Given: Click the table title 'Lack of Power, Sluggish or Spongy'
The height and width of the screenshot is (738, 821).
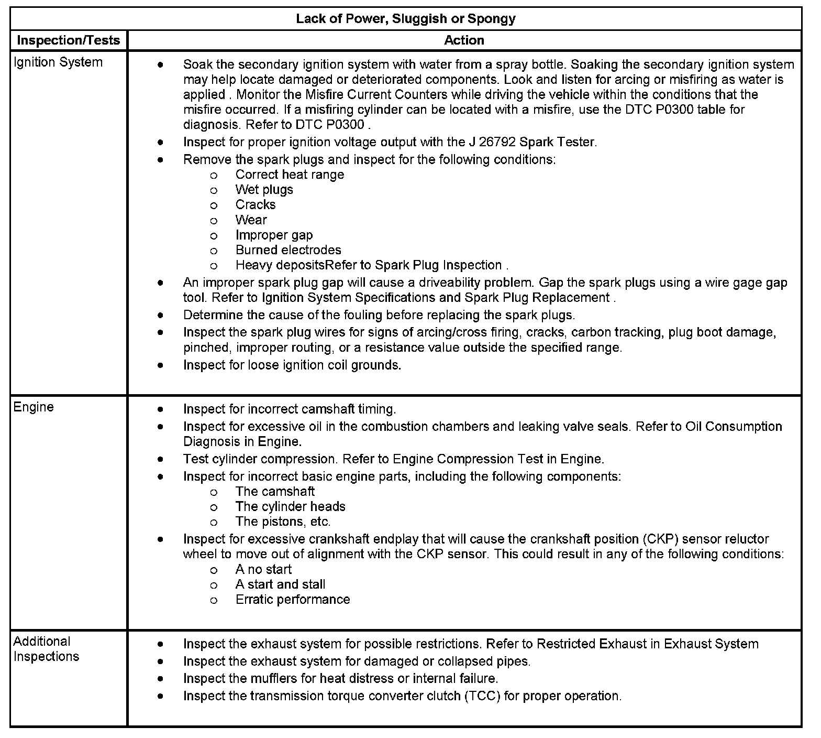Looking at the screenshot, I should point(406,19).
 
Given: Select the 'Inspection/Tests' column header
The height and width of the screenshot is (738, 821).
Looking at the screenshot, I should point(69,40).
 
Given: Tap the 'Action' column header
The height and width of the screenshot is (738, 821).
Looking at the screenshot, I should point(464,40).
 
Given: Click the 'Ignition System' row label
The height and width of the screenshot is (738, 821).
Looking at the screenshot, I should point(58,62).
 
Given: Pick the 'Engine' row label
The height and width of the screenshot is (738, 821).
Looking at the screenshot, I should point(34,407).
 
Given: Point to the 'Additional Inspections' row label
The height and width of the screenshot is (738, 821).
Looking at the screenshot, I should point(46,649).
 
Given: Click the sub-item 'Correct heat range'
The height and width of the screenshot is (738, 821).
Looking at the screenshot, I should point(290,175).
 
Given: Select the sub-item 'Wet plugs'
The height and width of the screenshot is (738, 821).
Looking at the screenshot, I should point(264,190).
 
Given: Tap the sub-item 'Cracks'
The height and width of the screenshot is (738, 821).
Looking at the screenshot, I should point(256,205).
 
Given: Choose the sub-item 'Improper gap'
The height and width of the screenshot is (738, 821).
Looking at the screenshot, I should point(274,235).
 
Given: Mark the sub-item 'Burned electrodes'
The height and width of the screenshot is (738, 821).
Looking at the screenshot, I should point(288,250).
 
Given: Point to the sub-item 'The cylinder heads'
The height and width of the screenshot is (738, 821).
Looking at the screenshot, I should point(290,506).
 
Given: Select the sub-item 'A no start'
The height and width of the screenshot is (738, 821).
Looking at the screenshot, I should point(263,569).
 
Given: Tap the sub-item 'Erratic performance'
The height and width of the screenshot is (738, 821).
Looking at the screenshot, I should point(293,600).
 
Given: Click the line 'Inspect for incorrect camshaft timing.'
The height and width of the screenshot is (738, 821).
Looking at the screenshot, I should point(290,409).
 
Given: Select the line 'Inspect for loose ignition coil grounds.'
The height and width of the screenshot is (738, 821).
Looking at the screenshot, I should point(292,365).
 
